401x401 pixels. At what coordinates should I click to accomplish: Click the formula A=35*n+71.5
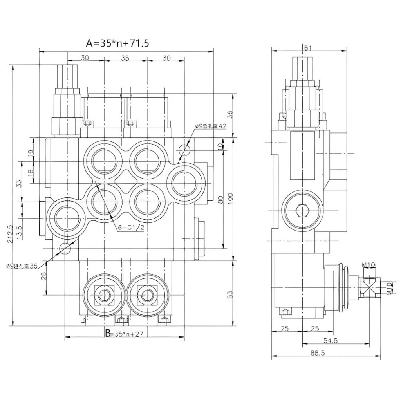tap(117, 43)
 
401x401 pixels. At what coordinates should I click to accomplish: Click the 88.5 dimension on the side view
tap(320, 352)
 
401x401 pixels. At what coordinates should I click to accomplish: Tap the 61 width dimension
tap(308, 48)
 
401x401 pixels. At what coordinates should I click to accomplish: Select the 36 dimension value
tap(231, 114)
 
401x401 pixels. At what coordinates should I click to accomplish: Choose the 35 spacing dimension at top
tap(125, 58)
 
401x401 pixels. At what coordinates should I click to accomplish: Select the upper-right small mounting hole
tap(184, 150)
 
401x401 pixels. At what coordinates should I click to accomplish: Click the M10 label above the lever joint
tap(369, 266)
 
